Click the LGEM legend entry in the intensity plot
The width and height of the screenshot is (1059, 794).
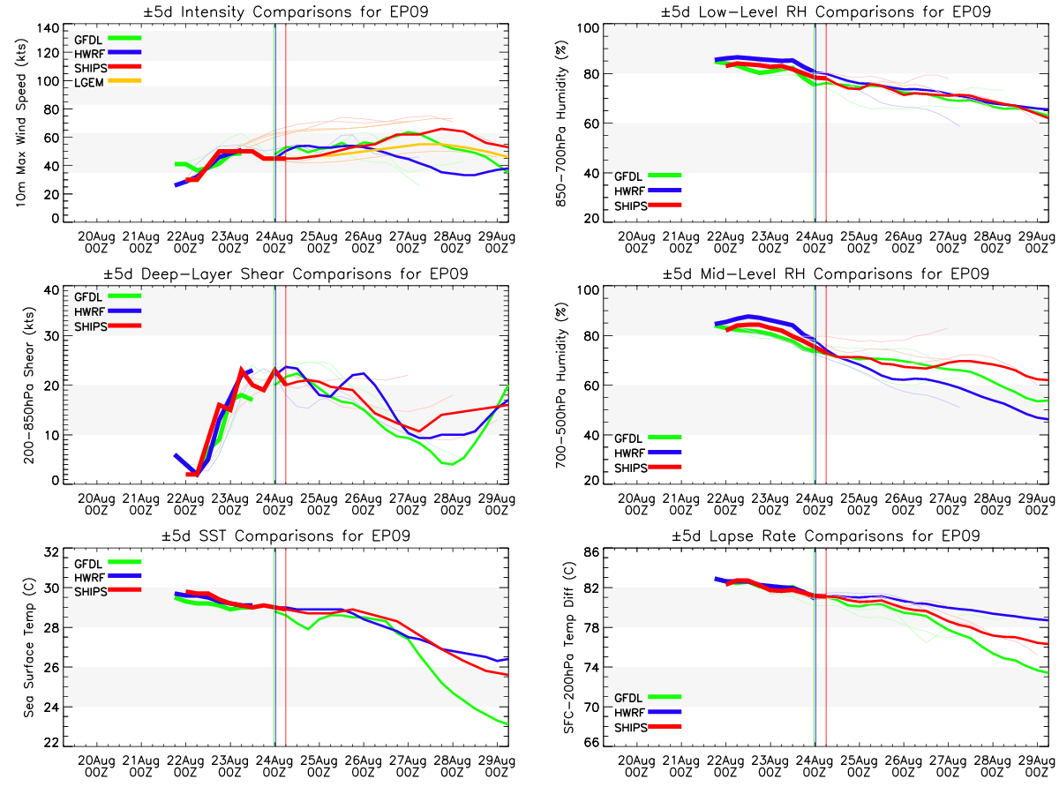pyautogui.click(x=107, y=82)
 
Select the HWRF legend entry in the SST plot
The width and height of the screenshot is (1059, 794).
pyautogui.click(x=107, y=577)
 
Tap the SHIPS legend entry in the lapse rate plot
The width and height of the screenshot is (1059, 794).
pyautogui.click(x=648, y=727)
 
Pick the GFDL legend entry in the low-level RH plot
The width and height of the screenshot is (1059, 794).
pyautogui.click(x=648, y=176)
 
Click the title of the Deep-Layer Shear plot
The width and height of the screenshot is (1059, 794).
pyautogui.click(x=286, y=273)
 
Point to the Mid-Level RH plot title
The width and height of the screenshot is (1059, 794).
pyautogui.click(x=825, y=273)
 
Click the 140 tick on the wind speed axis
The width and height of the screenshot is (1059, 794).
pyautogui.click(x=49, y=28)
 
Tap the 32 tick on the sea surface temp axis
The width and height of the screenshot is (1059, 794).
pyautogui.click(x=51, y=552)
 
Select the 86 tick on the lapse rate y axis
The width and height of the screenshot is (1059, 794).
pyautogui.click(x=591, y=552)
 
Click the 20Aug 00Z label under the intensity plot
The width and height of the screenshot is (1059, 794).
pyautogui.click(x=96, y=243)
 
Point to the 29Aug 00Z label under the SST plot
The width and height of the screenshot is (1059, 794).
pyautogui.click(x=497, y=766)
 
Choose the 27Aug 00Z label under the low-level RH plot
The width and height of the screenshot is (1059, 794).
pyautogui.click(x=948, y=243)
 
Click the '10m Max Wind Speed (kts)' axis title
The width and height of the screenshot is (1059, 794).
pyautogui.click(x=21, y=124)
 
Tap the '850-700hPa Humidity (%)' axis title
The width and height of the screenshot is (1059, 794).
pyautogui.click(x=560, y=124)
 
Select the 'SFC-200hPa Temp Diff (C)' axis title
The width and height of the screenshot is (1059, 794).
pyautogui.click(x=569, y=648)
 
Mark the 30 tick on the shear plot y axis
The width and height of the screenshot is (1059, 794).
pyautogui.click(x=51, y=336)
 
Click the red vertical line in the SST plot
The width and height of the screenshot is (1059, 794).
pyautogui.click(x=286, y=647)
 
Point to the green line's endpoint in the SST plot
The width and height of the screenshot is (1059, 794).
pyautogui.click(x=507, y=724)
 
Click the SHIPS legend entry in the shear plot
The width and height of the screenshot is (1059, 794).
pyautogui.click(x=107, y=326)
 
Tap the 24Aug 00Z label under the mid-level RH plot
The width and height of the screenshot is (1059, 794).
pyautogui.click(x=815, y=505)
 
